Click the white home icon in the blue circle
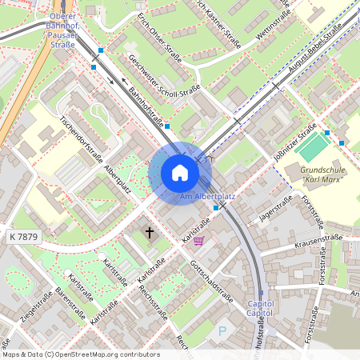click(180, 173)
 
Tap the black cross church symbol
click(149, 233)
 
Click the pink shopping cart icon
click(198, 239)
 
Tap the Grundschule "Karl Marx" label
click(322, 174)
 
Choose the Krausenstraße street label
click(318, 239)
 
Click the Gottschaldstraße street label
click(212, 281)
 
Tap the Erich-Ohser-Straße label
click(159, 36)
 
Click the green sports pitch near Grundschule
click(312, 146)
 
